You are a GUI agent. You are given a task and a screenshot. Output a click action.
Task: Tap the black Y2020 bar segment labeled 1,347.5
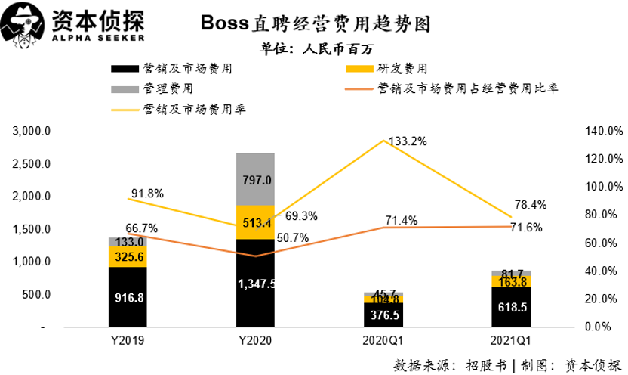pos(255,284)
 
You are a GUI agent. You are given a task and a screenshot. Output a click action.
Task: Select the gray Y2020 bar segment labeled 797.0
pos(255,179)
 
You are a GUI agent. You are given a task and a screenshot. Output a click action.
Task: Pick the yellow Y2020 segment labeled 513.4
pos(255,222)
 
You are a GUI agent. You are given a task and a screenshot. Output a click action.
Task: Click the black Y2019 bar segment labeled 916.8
pos(128,296)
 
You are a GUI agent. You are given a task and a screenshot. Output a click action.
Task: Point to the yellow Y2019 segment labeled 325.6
pos(128,256)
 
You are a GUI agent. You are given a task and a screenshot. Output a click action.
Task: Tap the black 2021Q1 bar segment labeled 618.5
pos(510,306)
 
